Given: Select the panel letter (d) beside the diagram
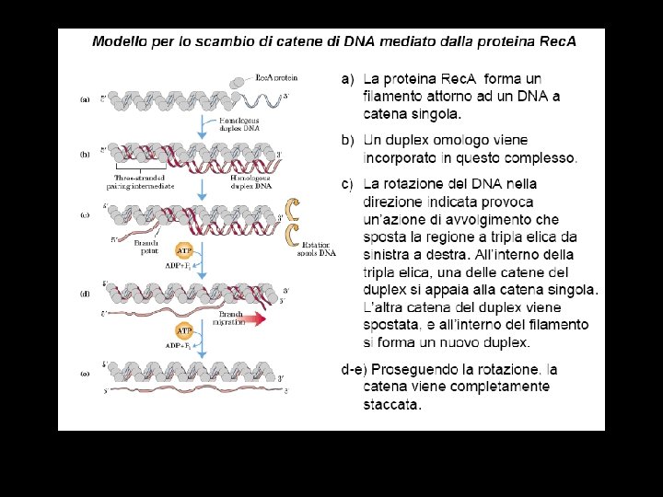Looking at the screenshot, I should (84, 294).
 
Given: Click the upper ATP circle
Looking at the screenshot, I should (184, 249).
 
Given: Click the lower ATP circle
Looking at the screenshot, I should (184, 330).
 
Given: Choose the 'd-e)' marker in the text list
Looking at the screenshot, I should (352, 369).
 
